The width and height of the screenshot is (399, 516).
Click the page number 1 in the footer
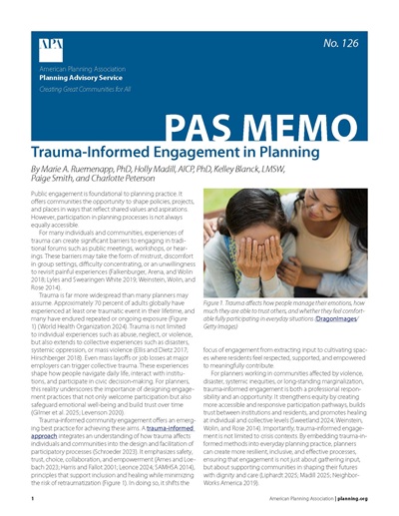pos(33,495)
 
